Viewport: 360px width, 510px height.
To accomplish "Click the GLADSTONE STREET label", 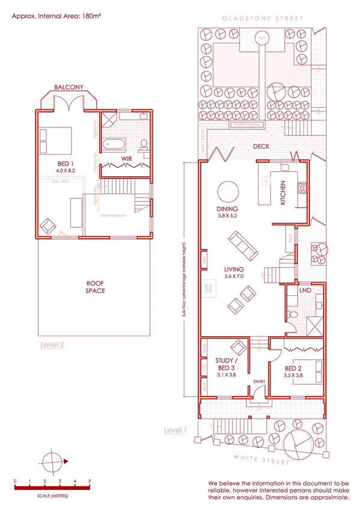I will (263, 19).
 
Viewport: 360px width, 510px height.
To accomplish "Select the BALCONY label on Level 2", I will (69, 88).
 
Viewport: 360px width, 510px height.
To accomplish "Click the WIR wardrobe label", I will (126, 159).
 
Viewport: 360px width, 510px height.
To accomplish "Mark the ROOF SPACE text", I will (95, 287).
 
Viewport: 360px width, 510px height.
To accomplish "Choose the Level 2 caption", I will (52, 345).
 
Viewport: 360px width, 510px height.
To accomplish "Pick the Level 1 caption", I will (176, 430).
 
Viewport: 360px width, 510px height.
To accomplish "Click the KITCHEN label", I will (283, 194).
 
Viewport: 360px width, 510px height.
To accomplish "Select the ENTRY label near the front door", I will (260, 381).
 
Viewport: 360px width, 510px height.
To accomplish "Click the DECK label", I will (260, 147).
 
